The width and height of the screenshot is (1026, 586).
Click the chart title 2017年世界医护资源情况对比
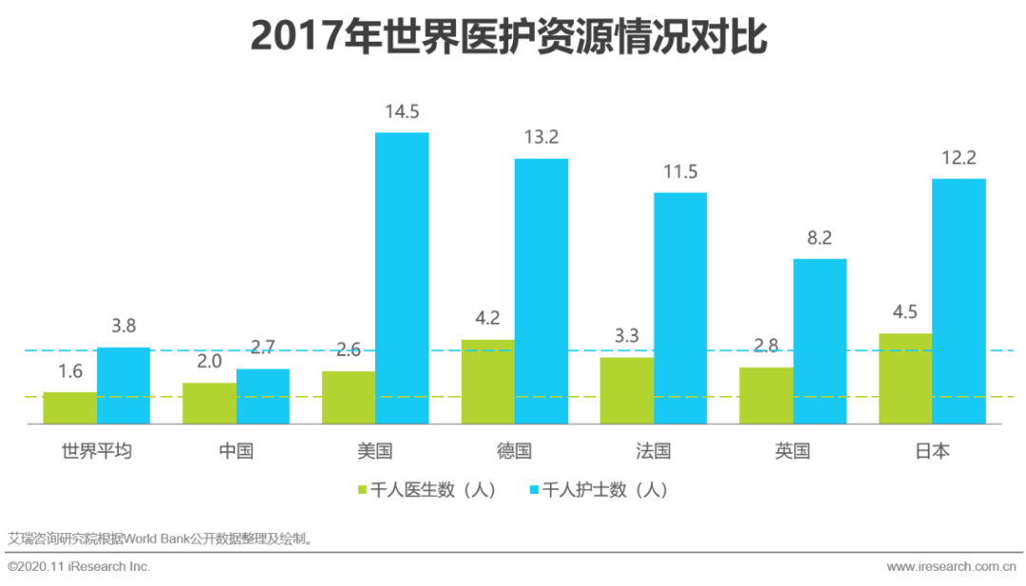[x=508, y=38]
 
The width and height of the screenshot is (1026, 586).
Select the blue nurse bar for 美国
[x=402, y=277]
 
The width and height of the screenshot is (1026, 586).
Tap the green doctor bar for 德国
[x=488, y=381]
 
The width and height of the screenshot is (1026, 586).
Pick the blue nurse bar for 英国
[x=820, y=341]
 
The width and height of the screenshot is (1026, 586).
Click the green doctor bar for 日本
[x=905, y=378]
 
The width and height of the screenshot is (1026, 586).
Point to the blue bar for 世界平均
[x=123, y=385]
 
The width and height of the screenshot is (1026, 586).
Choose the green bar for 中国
[x=209, y=403]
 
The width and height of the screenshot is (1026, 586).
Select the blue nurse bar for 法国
[x=680, y=308]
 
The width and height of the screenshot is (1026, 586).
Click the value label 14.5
[x=402, y=112]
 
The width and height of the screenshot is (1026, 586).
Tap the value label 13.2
[x=541, y=138]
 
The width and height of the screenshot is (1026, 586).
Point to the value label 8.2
[x=820, y=238]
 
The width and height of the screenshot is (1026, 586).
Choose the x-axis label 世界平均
[x=96, y=451]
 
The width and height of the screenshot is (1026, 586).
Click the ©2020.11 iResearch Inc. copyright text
[x=79, y=567]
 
